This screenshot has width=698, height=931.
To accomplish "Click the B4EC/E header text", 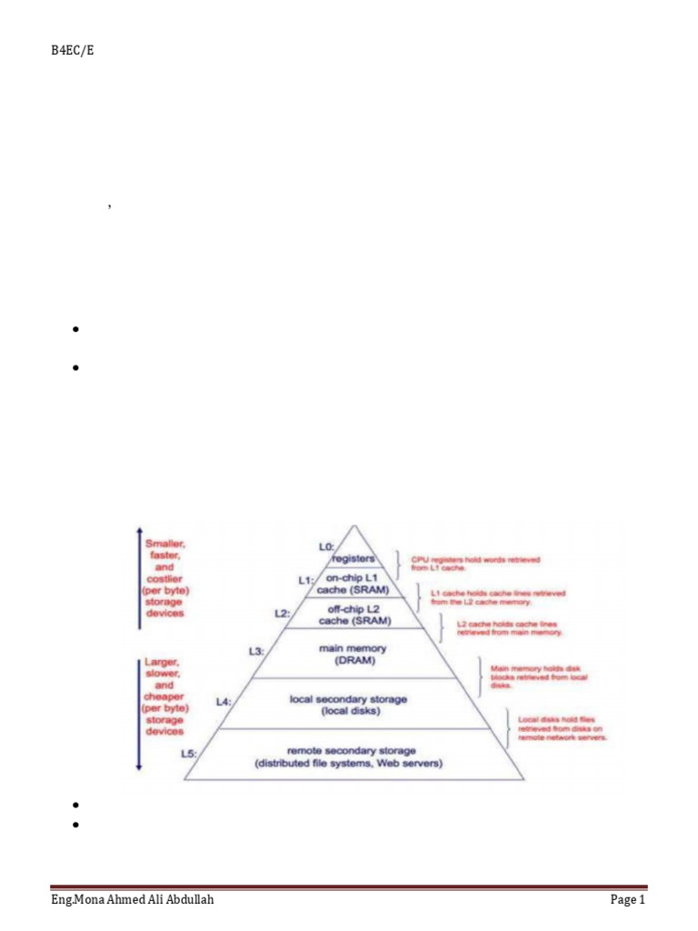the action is point(73,51).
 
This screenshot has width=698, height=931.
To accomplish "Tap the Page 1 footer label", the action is point(626,900).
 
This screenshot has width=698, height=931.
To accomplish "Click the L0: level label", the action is point(327,546).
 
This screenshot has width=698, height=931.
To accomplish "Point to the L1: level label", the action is point(306,579).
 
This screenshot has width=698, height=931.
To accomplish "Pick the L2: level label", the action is point(283,613).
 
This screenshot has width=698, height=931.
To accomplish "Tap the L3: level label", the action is point(256,651).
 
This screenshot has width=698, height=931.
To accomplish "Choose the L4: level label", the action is point(224,701).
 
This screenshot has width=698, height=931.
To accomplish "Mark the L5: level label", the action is point(189,753).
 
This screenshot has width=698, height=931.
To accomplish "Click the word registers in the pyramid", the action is point(353,558).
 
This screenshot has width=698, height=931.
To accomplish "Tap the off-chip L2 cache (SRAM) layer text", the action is point(354,615).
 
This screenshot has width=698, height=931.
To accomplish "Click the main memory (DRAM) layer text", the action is point(354,654).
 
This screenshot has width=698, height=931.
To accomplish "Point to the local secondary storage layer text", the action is point(348,705).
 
